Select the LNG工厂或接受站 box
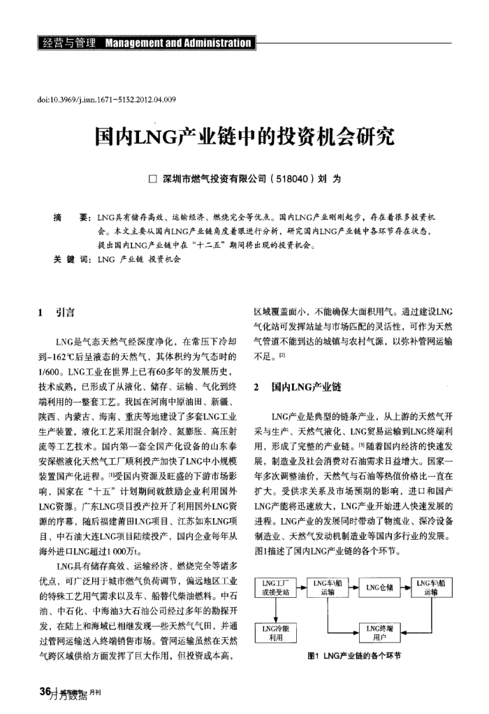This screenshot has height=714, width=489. pos(275,587)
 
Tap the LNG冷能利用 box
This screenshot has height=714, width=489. pos(275,632)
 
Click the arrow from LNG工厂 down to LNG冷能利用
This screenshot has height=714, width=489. pos(275,611)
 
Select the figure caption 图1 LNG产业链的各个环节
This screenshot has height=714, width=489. pos(355,656)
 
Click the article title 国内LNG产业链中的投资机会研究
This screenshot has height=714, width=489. pos(245,136)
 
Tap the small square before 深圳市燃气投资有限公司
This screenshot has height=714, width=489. pos(153,180)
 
